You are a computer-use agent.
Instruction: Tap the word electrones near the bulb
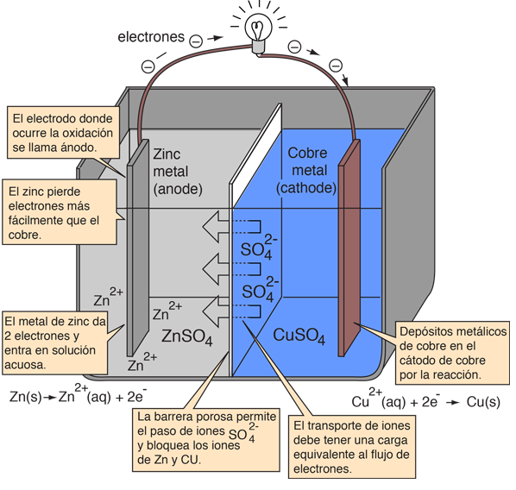(x=151, y=37)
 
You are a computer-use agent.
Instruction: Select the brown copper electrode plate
(x=349, y=248)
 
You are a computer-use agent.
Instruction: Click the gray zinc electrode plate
(x=138, y=248)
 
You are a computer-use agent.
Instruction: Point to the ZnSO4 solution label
(x=187, y=337)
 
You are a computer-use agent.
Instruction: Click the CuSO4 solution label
(x=299, y=336)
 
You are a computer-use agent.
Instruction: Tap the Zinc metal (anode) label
(x=178, y=172)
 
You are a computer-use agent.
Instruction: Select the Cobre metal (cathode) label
(x=306, y=171)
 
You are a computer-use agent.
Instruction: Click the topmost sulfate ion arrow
(x=231, y=227)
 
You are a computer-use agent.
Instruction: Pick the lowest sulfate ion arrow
(x=231, y=311)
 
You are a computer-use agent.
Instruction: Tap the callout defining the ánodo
(x=63, y=133)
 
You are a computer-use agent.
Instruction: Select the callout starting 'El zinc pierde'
(x=60, y=212)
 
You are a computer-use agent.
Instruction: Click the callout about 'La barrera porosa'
(x=206, y=440)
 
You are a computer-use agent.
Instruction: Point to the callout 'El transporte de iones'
(x=352, y=447)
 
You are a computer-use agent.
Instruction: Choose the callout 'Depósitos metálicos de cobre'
(x=452, y=353)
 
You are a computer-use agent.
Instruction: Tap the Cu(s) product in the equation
(x=483, y=402)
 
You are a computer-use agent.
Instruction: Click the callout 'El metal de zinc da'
(x=55, y=342)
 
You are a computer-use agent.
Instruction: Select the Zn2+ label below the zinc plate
(x=142, y=362)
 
